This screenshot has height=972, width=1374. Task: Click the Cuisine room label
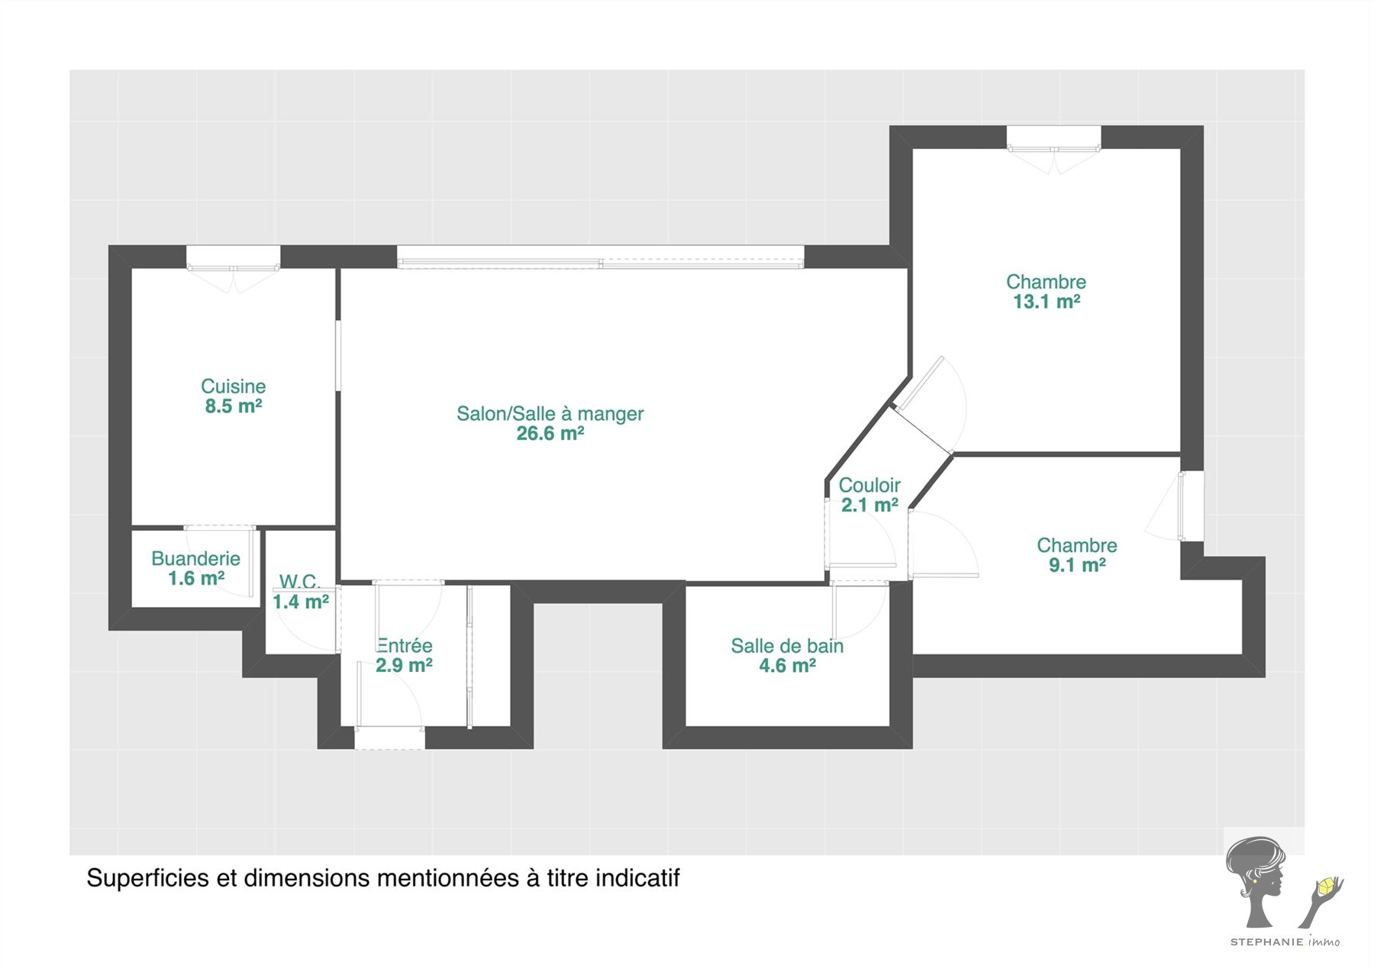233,386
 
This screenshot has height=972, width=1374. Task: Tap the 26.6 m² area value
550,434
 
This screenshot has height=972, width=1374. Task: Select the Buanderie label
195,559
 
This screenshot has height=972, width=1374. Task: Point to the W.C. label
299,582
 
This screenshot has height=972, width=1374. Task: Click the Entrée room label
405,646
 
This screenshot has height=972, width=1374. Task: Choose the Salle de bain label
787,646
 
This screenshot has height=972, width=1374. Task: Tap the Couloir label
869,486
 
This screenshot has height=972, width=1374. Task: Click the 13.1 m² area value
1046,302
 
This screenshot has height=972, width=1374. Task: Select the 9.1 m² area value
1076,565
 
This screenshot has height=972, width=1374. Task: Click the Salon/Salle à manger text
550,414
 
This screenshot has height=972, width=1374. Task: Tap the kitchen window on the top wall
234,258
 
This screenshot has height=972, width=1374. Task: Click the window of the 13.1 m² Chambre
1053,138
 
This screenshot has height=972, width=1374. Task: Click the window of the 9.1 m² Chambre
1192,506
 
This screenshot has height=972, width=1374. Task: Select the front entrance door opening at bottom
389,738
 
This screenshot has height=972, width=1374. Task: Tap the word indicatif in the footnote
637,878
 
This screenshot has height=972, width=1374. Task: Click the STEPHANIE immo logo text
1284,941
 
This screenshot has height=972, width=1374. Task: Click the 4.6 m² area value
787,666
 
